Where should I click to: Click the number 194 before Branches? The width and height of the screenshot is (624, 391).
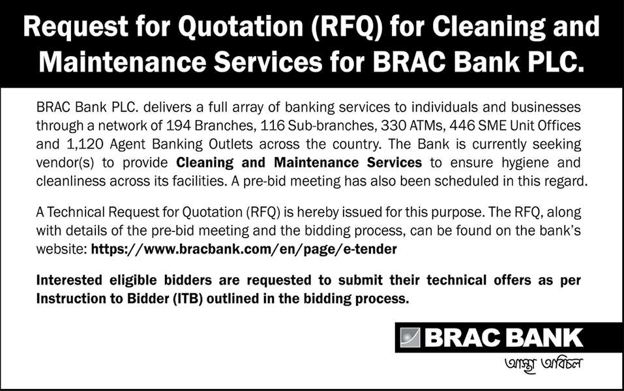pyautogui.click(x=178, y=126)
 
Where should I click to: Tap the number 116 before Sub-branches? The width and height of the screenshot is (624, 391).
pyautogui.click(x=273, y=126)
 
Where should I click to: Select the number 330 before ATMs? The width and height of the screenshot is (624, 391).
pyautogui.click(x=393, y=126)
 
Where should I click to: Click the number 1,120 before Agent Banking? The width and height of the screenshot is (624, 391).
pyautogui.click(x=85, y=144)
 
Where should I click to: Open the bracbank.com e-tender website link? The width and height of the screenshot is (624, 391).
pyautogui.click(x=244, y=250)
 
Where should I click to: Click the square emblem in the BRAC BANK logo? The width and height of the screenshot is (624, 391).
pyautogui.click(x=410, y=338)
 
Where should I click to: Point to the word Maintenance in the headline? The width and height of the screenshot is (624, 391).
pyautogui.click(x=123, y=63)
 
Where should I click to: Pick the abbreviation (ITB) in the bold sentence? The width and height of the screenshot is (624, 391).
pyautogui.click(x=188, y=298)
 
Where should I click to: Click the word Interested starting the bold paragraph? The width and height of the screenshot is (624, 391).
pyautogui.click(x=69, y=280)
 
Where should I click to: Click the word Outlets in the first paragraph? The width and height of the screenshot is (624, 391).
pyautogui.click(x=231, y=144)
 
